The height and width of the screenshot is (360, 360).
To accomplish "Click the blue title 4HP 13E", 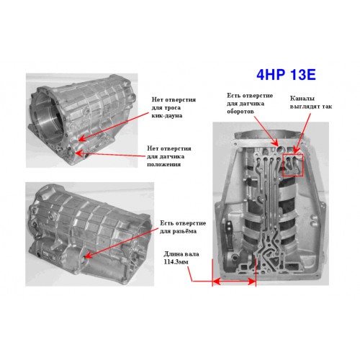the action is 286,75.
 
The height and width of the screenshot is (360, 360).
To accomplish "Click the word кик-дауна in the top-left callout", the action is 167,115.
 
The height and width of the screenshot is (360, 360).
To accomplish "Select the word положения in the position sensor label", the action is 163,165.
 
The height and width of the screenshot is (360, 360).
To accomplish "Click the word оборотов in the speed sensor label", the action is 240,112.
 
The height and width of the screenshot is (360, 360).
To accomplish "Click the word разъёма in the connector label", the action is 184,231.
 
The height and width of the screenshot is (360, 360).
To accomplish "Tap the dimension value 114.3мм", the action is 176,262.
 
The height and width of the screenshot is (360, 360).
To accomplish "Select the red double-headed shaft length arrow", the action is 234,281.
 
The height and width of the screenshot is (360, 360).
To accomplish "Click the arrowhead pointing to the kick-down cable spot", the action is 82,138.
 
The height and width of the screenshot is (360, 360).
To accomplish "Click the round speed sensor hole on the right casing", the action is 280,150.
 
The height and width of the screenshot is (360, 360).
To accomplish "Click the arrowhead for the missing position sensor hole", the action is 78,153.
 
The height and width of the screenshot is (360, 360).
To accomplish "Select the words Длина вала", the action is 181,254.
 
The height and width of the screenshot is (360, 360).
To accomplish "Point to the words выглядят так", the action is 311,107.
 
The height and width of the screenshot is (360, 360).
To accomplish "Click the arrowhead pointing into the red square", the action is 296,150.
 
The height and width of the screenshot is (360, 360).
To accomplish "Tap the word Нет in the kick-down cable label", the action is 157,99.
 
